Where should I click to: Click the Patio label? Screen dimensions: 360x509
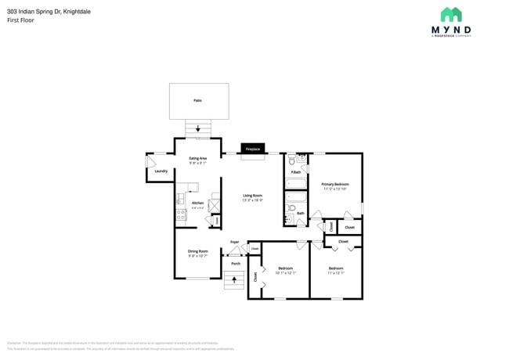197,100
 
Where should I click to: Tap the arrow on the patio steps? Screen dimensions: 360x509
197,128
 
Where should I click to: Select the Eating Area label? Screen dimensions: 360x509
197,158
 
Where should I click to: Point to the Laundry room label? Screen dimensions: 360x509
161,171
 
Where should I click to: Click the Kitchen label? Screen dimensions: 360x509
197,203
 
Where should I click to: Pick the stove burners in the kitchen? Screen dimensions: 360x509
180,211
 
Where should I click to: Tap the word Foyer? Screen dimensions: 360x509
234,242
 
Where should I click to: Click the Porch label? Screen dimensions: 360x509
235,264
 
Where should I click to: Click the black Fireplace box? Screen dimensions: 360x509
252,149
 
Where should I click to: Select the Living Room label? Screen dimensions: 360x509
252,195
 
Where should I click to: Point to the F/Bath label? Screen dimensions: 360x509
296,171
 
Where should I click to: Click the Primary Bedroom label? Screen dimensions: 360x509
334,184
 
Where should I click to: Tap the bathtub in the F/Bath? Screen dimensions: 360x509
296,185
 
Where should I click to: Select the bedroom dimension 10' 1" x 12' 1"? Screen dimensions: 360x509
285,273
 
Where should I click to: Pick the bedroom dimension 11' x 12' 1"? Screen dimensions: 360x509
335,273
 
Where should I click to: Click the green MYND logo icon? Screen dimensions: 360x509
450,14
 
